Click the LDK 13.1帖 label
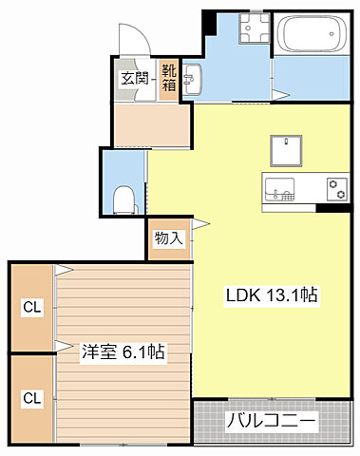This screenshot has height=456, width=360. [x=272, y=295]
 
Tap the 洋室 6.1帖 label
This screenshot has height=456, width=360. [x=123, y=351]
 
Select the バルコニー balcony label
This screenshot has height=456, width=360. [x=271, y=421]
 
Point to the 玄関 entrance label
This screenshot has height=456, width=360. [x=135, y=78]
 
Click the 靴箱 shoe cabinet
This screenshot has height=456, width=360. [x=169, y=78]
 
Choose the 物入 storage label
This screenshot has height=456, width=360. [x=169, y=238]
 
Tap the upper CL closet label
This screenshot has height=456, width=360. [x=32, y=307]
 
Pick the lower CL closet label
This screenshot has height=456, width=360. [x=32, y=398]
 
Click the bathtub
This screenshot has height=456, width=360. [x=312, y=33]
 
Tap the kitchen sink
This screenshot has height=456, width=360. [x=279, y=189]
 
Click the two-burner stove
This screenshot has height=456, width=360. [x=337, y=189]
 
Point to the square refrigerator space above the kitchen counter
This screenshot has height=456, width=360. [x=286, y=151]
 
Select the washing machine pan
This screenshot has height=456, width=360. [x=255, y=28]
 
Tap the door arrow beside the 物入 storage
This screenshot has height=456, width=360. [x=200, y=224]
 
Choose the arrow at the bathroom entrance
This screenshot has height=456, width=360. [x=281, y=95]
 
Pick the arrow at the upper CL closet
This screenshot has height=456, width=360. [x=65, y=270]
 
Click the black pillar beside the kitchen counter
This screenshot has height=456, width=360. [x=332, y=208]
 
